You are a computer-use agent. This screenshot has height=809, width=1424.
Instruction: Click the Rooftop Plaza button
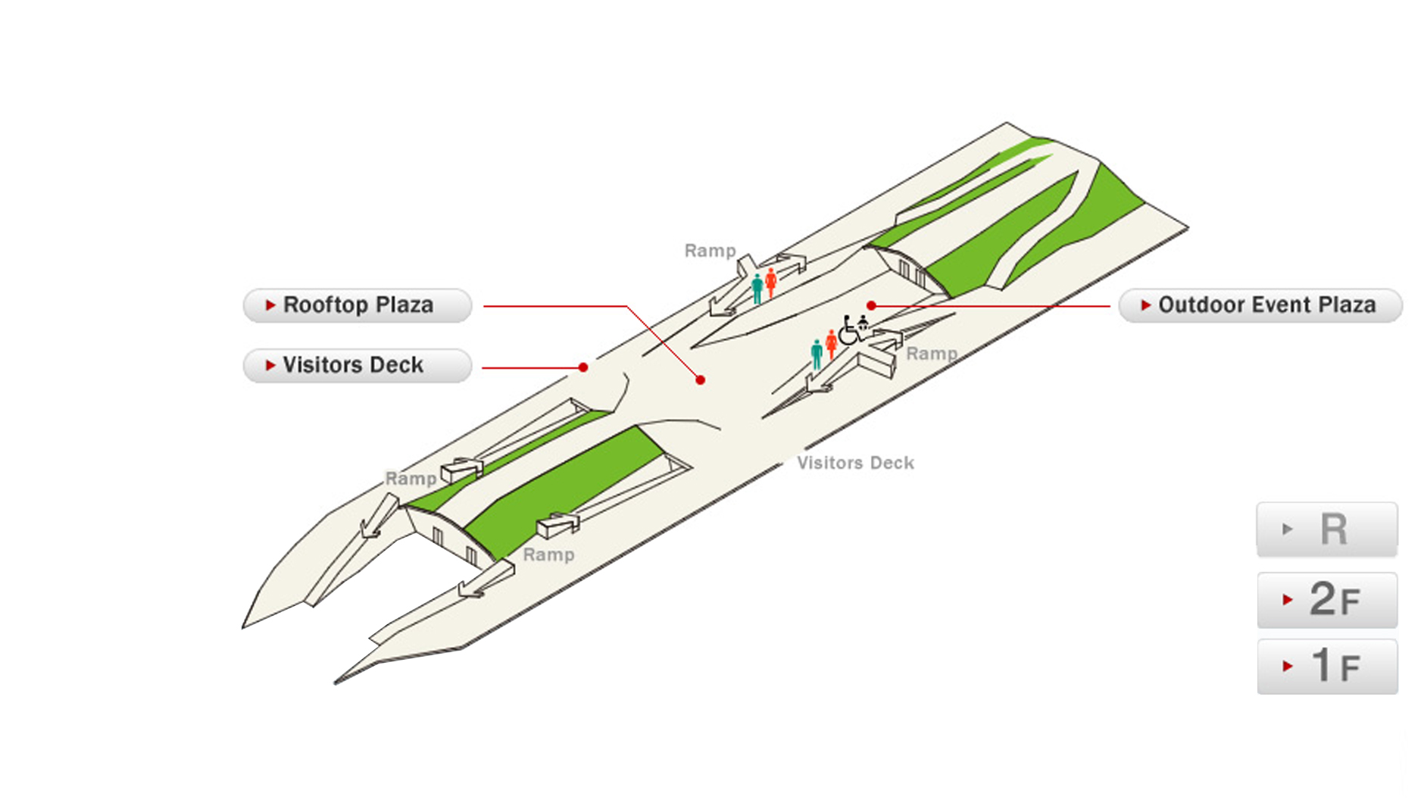[357, 305]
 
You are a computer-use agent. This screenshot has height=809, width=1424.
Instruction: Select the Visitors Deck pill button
[357, 365]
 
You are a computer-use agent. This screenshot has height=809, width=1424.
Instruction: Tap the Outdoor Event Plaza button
[1260, 305]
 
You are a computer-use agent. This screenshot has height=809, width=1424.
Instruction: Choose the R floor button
[1327, 529]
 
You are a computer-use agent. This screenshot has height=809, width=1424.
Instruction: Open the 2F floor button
[1327, 600]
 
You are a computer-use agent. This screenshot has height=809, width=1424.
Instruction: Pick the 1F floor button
[1327, 666]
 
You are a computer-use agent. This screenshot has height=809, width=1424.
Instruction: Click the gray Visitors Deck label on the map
[855, 463]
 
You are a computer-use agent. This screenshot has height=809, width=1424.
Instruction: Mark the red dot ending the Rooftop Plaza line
[701, 380]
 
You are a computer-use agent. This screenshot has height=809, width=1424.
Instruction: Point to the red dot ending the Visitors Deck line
[583, 367]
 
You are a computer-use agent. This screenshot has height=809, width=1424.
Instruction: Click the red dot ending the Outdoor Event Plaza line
[872, 305]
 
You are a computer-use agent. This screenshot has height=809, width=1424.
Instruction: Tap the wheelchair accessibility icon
[848, 330]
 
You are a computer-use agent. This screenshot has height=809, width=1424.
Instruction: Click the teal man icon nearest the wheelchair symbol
[817, 355]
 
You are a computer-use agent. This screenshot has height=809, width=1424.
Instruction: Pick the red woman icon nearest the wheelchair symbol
[832, 344]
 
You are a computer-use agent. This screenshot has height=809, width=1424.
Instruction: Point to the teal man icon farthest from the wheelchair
[757, 289]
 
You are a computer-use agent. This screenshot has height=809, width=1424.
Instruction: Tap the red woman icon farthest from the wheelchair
[771, 283]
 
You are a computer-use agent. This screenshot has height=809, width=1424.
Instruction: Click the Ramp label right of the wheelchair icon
[932, 354]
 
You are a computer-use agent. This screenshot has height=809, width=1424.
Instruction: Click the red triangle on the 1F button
[1288, 667]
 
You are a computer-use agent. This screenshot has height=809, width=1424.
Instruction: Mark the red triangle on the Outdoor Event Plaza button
[1146, 305]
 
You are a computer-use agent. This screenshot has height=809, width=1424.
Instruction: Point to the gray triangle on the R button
[1288, 529]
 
